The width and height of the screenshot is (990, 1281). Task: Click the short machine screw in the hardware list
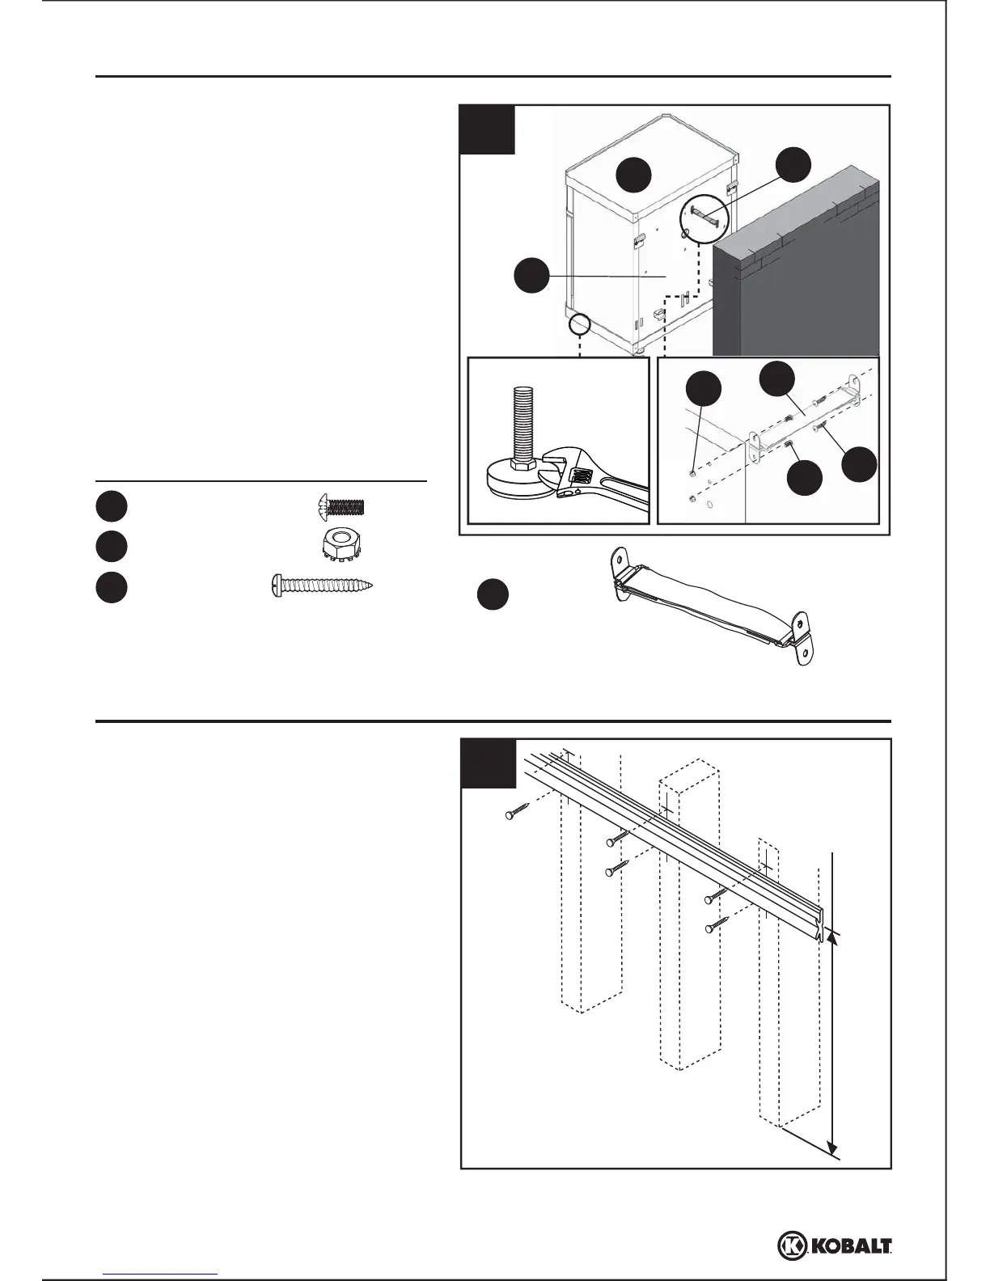[x=340, y=507]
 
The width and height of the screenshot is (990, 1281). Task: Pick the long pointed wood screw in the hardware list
[x=324, y=586]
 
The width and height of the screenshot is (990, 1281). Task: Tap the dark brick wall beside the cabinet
[x=797, y=267]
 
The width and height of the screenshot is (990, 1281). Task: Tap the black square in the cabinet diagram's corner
[x=487, y=129]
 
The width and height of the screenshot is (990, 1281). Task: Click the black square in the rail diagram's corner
[x=488, y=763]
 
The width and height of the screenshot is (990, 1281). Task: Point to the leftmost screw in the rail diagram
[x=516, y=811]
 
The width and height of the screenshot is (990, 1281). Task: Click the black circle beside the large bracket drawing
[x=492, y=595]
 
